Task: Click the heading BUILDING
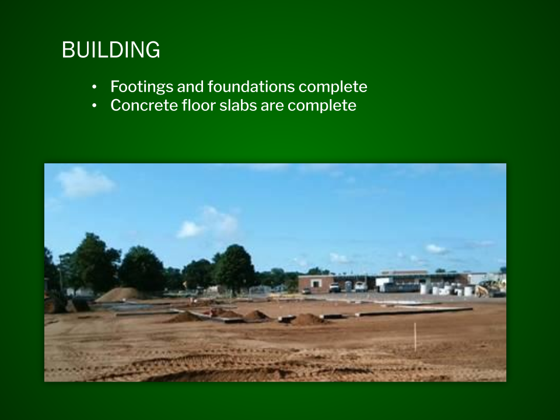coord(111,50)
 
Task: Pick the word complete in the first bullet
coord(333,87)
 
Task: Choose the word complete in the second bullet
coord(322,106)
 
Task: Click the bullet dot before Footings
coord(94,87)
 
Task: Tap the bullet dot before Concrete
coord(94,106)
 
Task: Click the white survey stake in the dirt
coord(415,337)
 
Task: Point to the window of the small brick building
coord(316,283)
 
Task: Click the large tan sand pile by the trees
coord(118,294)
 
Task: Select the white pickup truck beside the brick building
coord(335,288)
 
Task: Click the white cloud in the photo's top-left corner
coord(85,183)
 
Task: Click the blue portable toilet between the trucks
coord(348,286)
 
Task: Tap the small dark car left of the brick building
coord(306,291)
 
